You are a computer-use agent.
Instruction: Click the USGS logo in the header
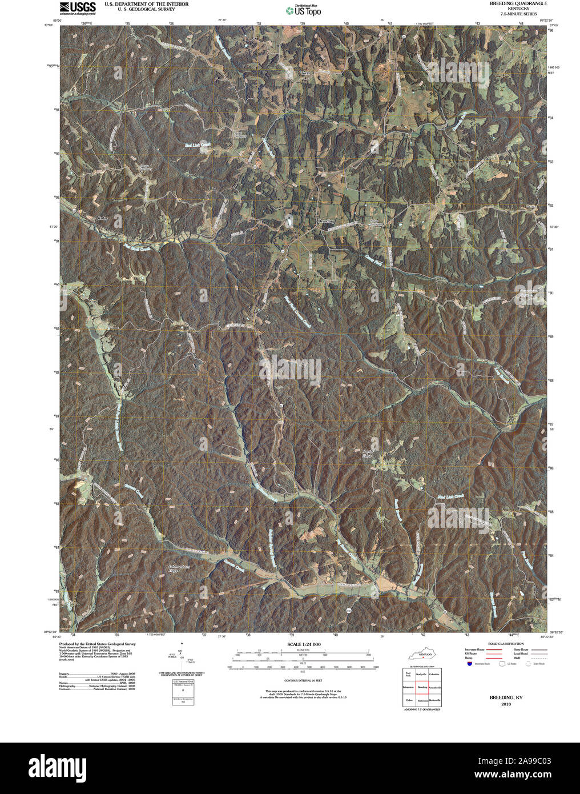tap(78, 7)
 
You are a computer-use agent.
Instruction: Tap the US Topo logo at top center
tap(304, 10)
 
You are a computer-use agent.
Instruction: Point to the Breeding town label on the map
tap(326, 221)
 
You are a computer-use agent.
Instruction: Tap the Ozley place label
tap(103, 218)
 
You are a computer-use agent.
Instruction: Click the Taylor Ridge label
tap(368, 454)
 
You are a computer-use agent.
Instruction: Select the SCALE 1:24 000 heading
tap(301, 644)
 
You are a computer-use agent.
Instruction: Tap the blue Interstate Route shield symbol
tap(469, 664)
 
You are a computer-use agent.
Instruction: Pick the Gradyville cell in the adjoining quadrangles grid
tap(422, 675)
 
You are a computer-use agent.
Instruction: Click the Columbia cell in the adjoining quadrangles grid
tap(434, 675)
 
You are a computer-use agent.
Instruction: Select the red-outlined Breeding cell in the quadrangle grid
tap(422, 687)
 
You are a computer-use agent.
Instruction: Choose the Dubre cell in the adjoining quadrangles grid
tap(409, 700)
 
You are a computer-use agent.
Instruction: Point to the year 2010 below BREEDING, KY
tap(506, 704)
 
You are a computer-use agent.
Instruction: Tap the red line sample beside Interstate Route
tap(494, 650)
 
